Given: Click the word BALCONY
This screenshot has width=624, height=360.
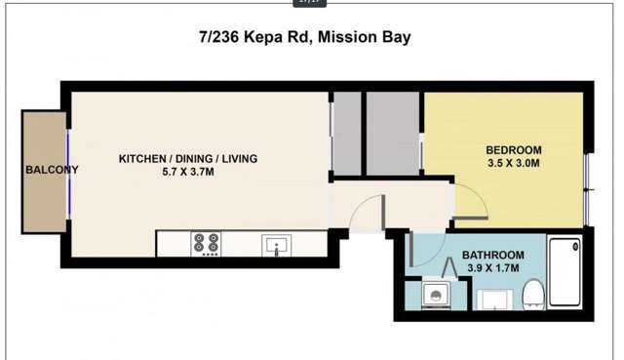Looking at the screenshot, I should tap(51, 169).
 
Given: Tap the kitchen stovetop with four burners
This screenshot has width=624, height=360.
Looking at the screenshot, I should tap(206, 244).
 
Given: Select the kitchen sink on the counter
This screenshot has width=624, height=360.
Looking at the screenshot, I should tap(277, 245).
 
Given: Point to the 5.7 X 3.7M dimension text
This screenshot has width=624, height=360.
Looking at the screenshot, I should tap(188, 172).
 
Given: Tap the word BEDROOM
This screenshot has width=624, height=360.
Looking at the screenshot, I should tap(513, 150).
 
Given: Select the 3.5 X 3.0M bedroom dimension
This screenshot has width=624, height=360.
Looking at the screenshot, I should tap(513, 164).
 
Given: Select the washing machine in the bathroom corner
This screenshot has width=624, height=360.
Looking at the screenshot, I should tap(436, 294).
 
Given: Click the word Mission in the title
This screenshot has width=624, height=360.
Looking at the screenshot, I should tap(345, 38).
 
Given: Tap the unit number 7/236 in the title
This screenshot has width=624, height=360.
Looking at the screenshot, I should tap(223, 38).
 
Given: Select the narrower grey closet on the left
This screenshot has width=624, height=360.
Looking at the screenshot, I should tap(345, 136).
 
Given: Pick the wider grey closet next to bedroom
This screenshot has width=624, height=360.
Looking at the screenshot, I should tap(392, 136).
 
